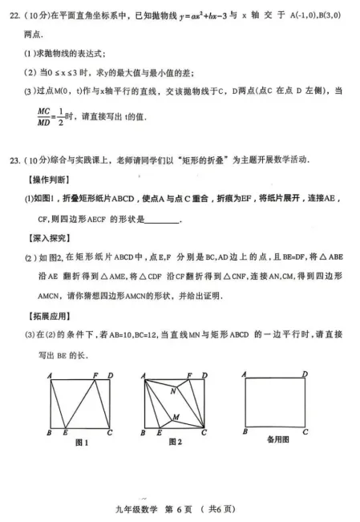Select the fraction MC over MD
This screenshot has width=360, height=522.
(x=45, y=116)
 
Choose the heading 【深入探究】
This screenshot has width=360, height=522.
(x=48, y=237)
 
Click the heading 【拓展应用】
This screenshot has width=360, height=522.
(x=48, y=315)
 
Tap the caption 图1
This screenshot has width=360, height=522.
(x=81, y=442)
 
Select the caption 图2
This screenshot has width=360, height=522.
(x=174, y=442)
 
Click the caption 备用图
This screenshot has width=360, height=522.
(x=277, y=439)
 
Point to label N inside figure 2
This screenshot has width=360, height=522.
(x=173, y=390)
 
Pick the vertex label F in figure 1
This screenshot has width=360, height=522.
(x=95, y=374)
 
